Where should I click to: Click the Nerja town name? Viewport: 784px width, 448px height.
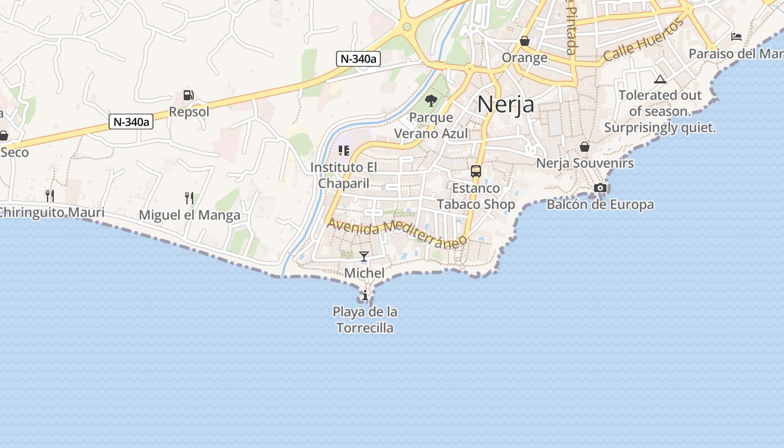coord(506,104)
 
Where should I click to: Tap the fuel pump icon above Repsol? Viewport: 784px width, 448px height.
coord(189,95)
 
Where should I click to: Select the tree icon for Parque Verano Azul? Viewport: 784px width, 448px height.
coord(431,101)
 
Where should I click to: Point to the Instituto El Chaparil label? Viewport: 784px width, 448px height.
coord(344,175)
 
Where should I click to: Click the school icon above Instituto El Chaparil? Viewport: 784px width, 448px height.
coord(344,150)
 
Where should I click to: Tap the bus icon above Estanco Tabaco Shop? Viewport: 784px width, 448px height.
coord(476,171)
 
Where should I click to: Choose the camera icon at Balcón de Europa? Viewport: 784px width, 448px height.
coord(600,188)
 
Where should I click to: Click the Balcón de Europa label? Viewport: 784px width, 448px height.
coord(600,204)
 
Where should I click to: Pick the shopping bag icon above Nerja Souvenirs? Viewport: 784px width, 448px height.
coord(585,147)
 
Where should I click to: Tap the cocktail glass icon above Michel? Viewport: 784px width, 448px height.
coord(364,256)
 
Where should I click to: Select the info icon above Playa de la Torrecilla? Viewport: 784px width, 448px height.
coord(365,295)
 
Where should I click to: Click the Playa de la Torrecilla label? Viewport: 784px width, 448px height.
coord(365,320)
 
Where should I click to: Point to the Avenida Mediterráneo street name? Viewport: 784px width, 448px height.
coord(397,233)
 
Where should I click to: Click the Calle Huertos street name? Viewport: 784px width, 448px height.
coord(643,41)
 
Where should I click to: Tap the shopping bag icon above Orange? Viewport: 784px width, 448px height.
coord(525,41)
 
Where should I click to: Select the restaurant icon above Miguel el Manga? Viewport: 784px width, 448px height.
coord(189,198)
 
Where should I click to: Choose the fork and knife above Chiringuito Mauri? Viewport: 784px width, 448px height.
coord(50,195)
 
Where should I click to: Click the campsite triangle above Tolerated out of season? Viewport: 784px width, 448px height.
coord(660,79)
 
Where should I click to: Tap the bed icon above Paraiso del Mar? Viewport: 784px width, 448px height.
coord(736,37)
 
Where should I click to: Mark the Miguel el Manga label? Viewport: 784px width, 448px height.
coord(189,215)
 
